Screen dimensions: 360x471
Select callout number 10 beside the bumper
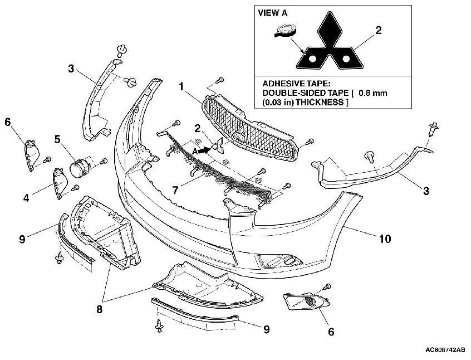click(x=385, y=239)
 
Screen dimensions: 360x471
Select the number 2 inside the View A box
click(x=378, y=30)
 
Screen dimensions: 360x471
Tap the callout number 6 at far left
click(x=8, y=121)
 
